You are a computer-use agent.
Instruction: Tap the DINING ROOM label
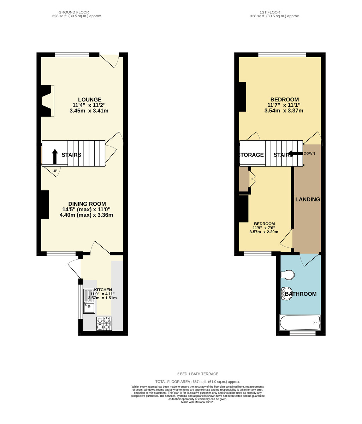pyautogui.click(x=87, y=204)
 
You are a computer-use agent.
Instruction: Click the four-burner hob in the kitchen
pyautogui.click(x=104, y=323)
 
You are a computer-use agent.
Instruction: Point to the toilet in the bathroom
pyautogui.click(x=288, y=275)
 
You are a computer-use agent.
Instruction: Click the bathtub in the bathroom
pyautogui.click(x=300, y=323)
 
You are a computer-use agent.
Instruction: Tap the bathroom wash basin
pyautogui.click(x=287, y=294)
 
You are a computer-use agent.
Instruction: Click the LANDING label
pyautogui.click(x=308, y=199)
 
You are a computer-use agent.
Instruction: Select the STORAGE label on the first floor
pyautogui.click(x=251, y=155)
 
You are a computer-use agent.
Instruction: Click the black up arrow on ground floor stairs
pyautogui.click(x=55, y=156)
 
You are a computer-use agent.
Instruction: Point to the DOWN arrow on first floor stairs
pyautogui.click(x=295, y=153)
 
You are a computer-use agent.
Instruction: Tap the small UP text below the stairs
pyautogui.click(x=55, y=171)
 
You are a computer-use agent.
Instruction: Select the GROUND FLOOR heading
pyautogui.click(x=74, y=12)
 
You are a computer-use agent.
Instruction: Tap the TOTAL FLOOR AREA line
pyautogui.click(x=197, y=382)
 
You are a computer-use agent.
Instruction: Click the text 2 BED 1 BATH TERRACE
pyautogui.click(x=197, y=374)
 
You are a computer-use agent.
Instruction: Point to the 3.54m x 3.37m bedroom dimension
pyautogui.click(x=284, y=111)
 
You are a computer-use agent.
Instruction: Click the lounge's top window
pyautogui.click(x=72, y=54)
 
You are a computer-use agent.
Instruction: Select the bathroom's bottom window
pyautogui.click(x=302, y=333)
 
